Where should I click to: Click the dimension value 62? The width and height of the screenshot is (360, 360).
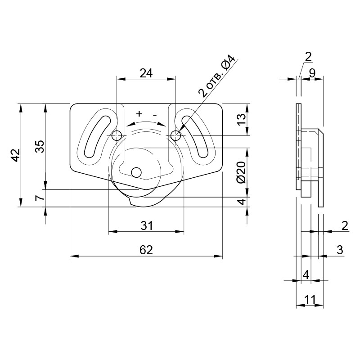click(146, 250)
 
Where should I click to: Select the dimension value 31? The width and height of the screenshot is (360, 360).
click(147, 226)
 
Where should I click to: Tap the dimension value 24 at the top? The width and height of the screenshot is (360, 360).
click(146, 73)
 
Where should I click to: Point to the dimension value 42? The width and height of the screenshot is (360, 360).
click(16, 155)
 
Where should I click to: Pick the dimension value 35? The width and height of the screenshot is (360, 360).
click(40, 147)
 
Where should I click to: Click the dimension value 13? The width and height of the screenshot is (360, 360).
click(241, 119)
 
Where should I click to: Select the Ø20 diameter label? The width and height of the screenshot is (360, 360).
click(241, 172)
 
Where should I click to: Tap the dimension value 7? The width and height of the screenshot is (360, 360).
click(40, 198)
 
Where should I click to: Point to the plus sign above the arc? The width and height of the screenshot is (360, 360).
click(139, 114)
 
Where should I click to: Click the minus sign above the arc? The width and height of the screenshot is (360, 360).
click(155, 115)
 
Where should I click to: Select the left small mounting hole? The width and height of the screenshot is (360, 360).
click(117, 136)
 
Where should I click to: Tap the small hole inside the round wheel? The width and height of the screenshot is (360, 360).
click(136, 172)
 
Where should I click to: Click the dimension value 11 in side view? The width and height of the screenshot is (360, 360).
click(310, 299)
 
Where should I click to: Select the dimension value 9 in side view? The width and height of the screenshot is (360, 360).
click(312, 73)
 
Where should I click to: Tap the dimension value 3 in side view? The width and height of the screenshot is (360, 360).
click(340, 250)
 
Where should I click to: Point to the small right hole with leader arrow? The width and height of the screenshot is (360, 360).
click(176, 135)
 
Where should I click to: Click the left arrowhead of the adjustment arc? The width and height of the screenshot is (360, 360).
click(130, 124)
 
